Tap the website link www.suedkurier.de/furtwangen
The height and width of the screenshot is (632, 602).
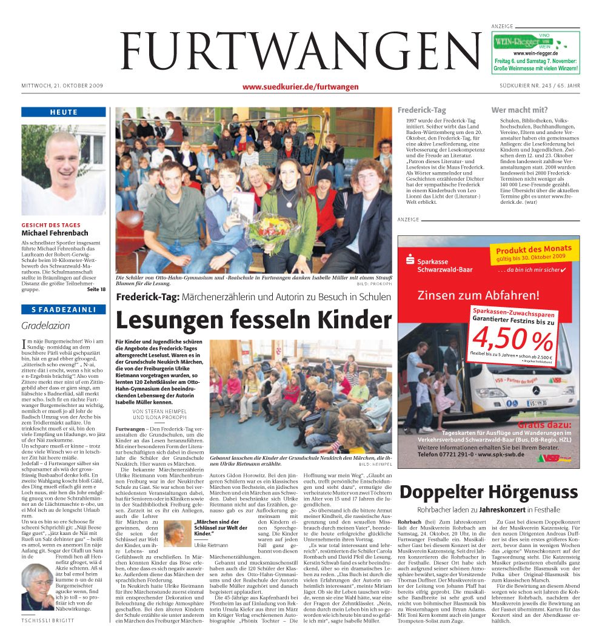tap(300, 87)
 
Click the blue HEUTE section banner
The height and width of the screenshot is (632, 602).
tap(64, 112)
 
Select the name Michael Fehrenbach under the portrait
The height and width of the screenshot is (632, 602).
tap(55, 233)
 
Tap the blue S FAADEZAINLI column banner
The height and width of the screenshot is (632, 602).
tap(64, 310)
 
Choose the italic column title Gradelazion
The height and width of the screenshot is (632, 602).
tap(46, 325)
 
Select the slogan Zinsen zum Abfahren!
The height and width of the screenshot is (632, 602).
tap(478, 296)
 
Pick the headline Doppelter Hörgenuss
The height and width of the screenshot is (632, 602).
tap(489, 492)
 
